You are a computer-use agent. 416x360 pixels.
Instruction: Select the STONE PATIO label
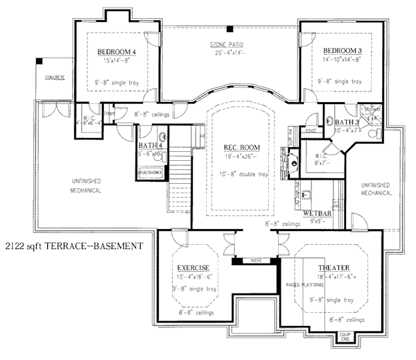pyautogui.click(x=227, y=45)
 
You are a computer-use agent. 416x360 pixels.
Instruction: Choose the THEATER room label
pyautogui.click(x=334, y=268)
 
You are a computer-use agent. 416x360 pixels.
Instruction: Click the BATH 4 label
pyautogui.click(x=150, y=145)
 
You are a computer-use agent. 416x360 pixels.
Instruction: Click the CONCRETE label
pyautogui.click(x=51, y=77)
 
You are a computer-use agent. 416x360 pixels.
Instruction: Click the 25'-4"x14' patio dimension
pyautogui.click(x=227, y=53)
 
